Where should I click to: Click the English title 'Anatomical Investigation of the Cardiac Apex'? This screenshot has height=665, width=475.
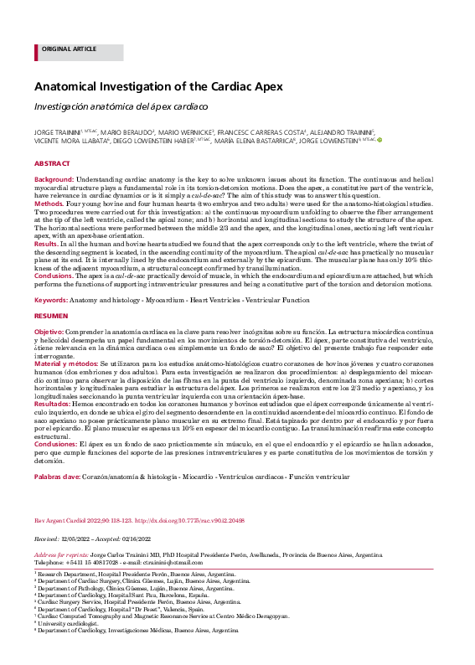pyautogui.click(x=158, y=87)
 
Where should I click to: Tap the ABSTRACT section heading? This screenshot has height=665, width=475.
pyautogui.click(x=52, y=163)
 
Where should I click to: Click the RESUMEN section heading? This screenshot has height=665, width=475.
pyautogui.click(x=52, y=317)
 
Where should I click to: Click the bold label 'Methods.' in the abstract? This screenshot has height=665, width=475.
pyautogui.click(x=49, y=204)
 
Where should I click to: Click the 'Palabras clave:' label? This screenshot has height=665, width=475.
pyautogui.click(x=57, y=476)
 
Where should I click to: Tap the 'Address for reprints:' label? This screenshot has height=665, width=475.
pyautogui.click(x=61, y=554)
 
